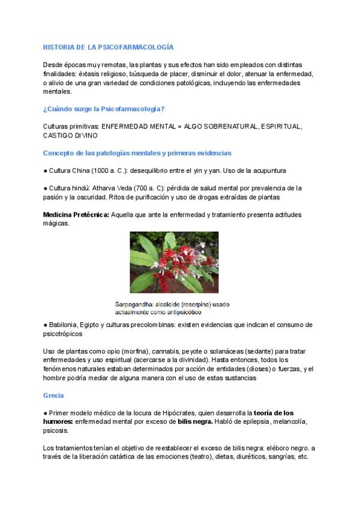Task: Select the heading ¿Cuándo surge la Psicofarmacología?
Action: coord(104,109)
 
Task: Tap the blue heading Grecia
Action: coord(53,396)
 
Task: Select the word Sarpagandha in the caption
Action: coord(136,304)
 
